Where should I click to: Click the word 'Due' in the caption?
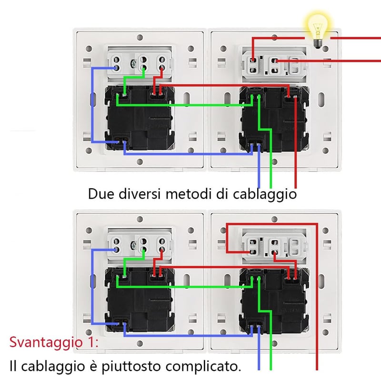tap(100, 194)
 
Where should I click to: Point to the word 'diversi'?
tap(140, 194)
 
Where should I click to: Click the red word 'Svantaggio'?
tap(46, 342)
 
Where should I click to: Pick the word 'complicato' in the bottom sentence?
tap(201, 366)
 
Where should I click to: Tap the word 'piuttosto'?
tap(131, 367)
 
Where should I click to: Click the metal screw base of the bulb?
tap(318, 44)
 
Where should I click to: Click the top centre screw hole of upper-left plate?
tap(140, 38)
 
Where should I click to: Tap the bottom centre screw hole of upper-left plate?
tap(140, 161)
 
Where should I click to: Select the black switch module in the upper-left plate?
tap(140, 118)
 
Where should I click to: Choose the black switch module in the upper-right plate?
tap(274, 119)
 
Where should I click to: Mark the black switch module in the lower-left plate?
tap(140, 300)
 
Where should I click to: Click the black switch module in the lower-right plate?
tap(274, 301)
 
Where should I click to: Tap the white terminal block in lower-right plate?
tap(274, 245)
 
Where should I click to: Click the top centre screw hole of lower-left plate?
tap(140, 219)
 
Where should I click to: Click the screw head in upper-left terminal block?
tap(133, 64)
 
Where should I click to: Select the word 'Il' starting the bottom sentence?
tap(13, 366)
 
